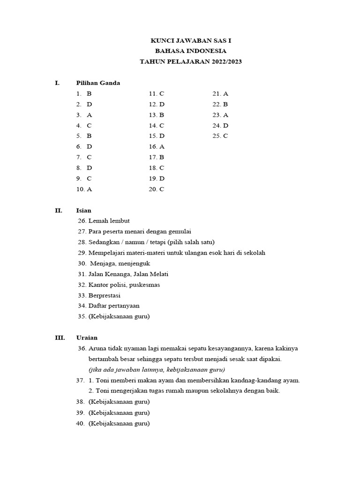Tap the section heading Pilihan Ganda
coord(98,83)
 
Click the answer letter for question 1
coord(89,94)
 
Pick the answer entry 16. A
coord(157,147)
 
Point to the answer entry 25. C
coord(220,136)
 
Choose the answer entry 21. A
coord(220,94)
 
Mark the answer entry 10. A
coord(84,189)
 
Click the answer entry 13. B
coord(157,115)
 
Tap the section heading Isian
coord(84,210)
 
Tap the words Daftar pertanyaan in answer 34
coord(114,306)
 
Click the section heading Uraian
coord(87,337)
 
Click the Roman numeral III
coord(59,337)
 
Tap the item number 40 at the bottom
coord(80,423)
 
